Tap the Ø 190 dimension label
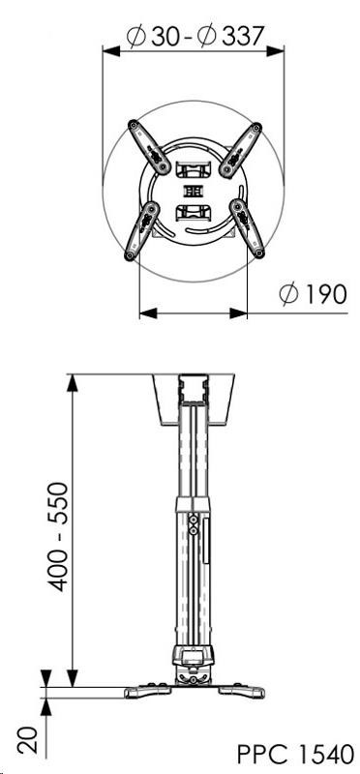[x=313, y=295]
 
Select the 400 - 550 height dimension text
[x=59, y=537]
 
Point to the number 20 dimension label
[x=31, y=739]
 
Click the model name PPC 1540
[x=296, y=755]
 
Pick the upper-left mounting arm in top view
[x=149, y=147]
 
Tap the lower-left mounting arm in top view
[x=141, y=231]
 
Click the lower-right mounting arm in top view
[x=248, y=228]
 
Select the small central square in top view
[x=194, y=191]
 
